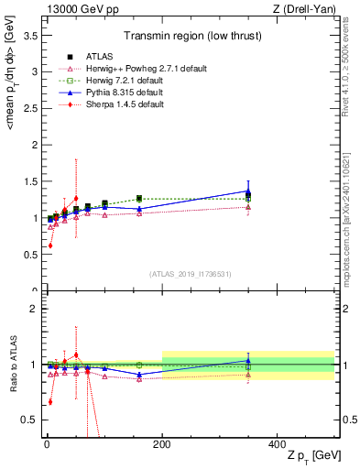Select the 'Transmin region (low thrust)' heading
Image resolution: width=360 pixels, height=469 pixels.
(191, 38)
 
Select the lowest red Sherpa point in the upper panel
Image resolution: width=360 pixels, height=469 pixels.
(50, 245)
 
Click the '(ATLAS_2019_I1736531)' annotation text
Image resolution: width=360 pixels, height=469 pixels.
(191, 274)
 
